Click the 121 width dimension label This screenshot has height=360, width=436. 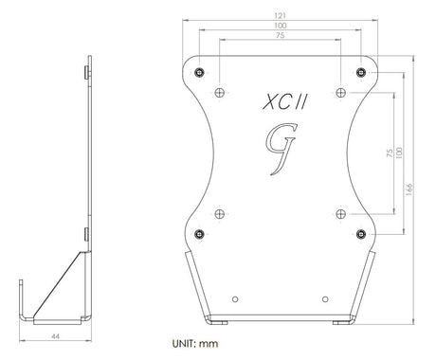(x=281, y=16)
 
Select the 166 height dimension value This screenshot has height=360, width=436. (x=409, y=189)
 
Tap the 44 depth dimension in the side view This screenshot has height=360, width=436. (x=55, y=336)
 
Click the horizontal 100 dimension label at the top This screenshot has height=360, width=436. (x=281, y=26)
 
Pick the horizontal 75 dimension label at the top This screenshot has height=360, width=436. (x=281, y=35)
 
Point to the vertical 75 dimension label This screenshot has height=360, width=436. (x=390, y=153)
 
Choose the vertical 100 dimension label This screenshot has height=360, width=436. (x=399, y=153)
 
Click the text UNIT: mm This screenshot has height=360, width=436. (x=195, y=343)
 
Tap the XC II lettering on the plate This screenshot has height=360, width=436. (x=284, y=102)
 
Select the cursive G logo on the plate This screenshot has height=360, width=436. (x=282, y=149)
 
